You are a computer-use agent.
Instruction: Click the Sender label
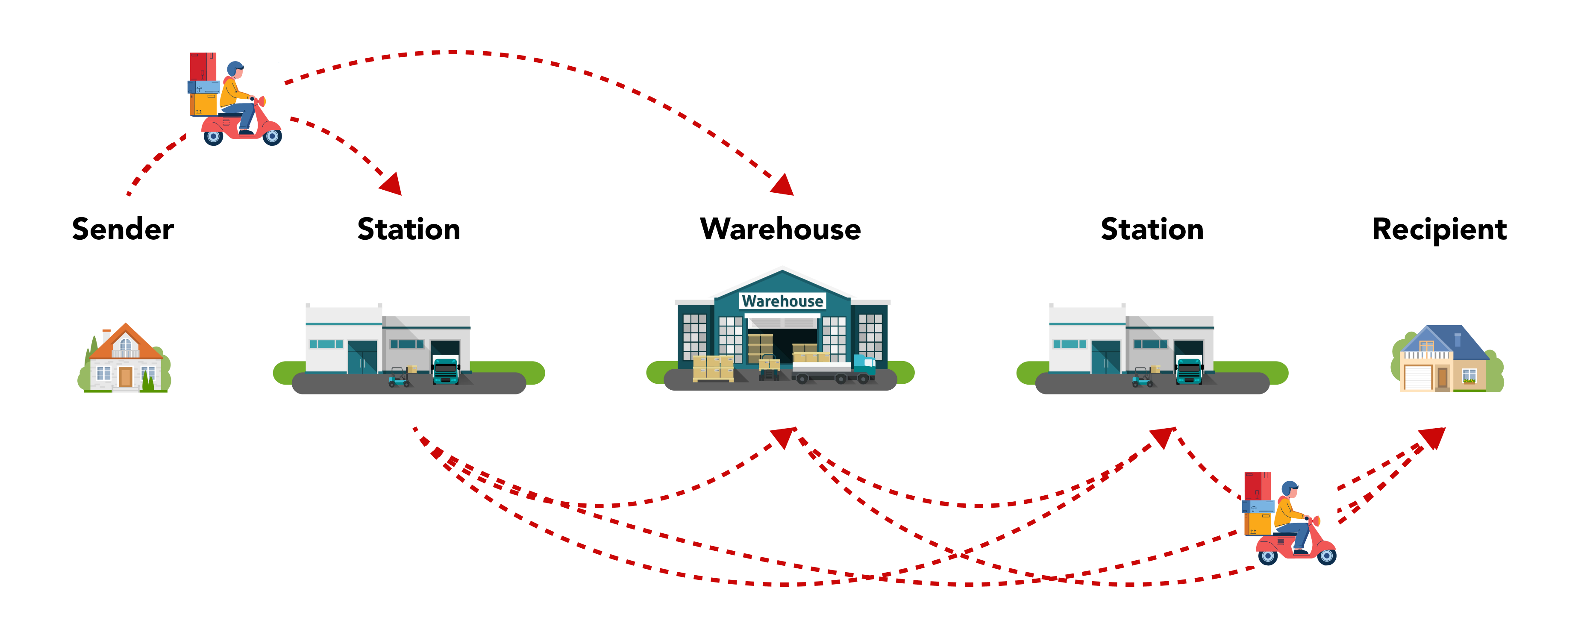click(123, 229)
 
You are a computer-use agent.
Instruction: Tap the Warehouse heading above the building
click(780, 229)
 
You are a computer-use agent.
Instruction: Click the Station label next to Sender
click(409, 229)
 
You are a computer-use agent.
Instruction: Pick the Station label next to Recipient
click(1152, 229)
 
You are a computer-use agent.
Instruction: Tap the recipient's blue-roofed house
click(1446, 359)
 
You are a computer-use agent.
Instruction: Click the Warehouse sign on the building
click(782, 301)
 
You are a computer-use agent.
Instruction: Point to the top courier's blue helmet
click(235, 67)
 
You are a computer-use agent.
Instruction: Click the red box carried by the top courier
click(203, 66)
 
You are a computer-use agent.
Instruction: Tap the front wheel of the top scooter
click(272, 136)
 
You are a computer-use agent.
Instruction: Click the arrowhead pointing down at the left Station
click(391, 184)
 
